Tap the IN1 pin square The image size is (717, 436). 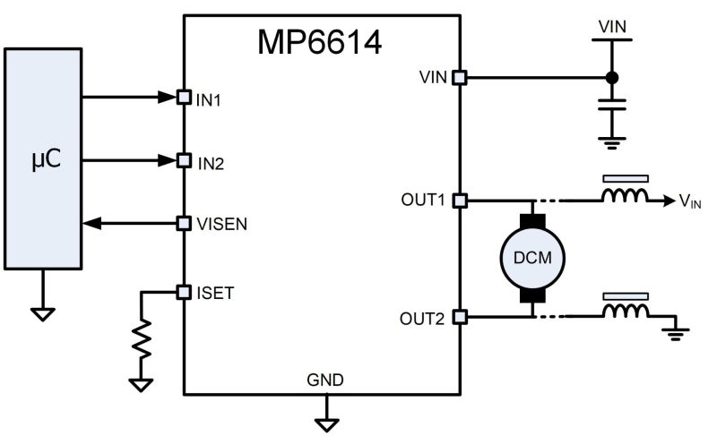coord(184,97)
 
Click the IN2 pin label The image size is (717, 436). coord(211,164)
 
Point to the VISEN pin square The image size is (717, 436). coord(184,223)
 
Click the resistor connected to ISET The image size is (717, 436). coord(141,338)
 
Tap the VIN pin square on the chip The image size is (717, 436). coord(459,78)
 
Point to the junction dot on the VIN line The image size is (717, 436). coord(612,78)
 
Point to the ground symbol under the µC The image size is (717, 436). coord(42,314)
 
